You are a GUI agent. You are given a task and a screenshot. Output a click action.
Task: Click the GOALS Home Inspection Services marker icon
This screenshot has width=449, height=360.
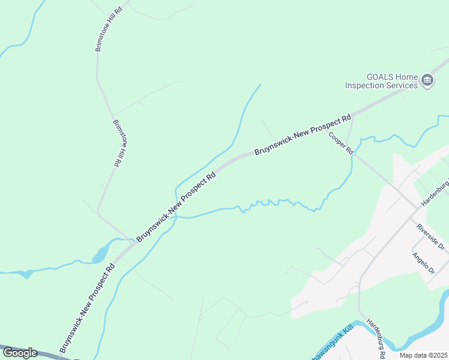coord(427,80)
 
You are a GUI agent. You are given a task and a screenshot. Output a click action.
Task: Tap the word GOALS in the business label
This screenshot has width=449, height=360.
coord(379,77)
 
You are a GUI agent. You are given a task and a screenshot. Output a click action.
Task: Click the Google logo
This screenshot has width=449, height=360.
coord(20,353)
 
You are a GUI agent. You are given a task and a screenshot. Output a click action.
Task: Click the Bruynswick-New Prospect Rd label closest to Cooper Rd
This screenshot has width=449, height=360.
coord(303,136)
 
